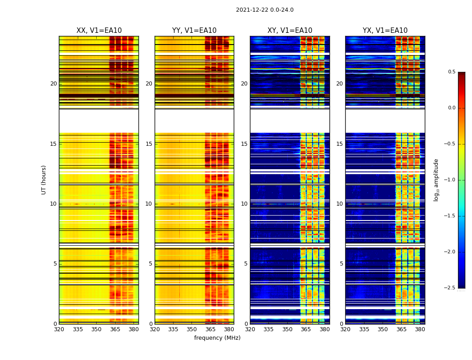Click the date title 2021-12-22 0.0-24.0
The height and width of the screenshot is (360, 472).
click(264, 10)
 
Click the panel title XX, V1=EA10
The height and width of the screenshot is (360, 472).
click(99, 31)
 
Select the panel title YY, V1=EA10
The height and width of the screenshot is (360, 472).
click(194, 31)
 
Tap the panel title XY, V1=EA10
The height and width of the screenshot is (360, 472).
click(289, 31)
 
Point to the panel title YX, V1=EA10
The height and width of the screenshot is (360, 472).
click(385, 31)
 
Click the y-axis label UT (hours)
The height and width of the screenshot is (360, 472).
click(44, 180)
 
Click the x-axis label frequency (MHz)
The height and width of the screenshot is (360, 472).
click(217, 338)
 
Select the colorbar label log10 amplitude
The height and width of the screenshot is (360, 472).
click(436, 180)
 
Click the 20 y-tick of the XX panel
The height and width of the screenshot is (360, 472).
click(53, 84)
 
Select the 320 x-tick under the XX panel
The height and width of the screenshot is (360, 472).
click(59, 329)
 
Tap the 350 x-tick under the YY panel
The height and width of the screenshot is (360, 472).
click(192, 329)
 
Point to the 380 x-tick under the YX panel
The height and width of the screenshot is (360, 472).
click(420, 329)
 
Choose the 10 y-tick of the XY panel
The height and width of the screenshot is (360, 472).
click(244, 204)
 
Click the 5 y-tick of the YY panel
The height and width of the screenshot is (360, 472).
click(151, 264)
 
